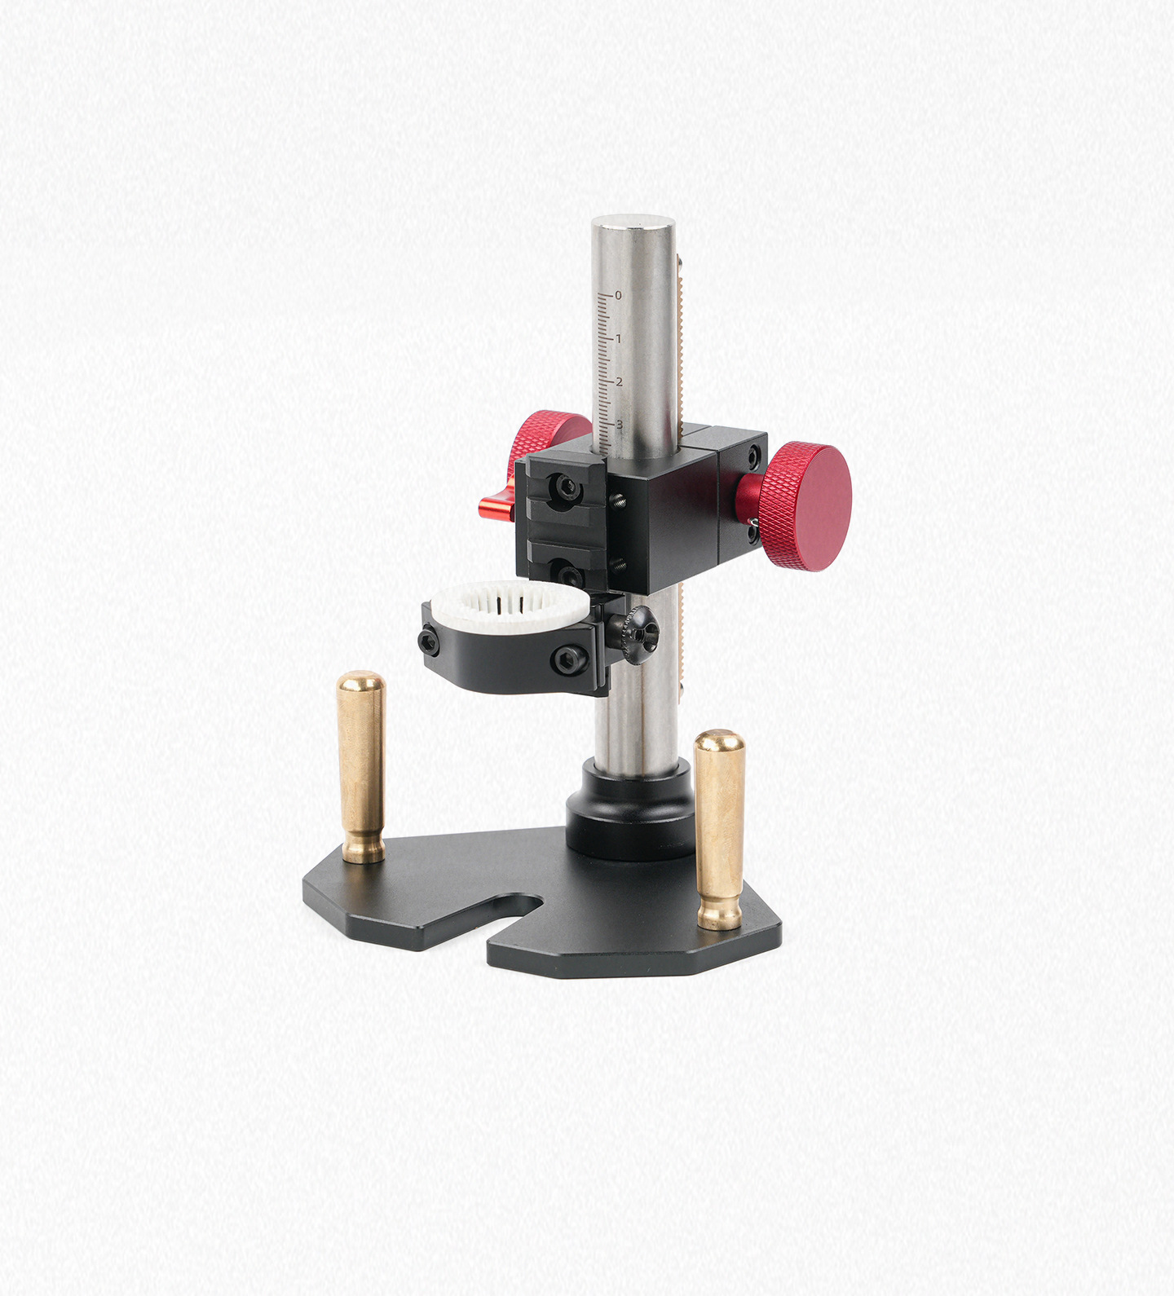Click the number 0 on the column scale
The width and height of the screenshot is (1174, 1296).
[x=618, y=295]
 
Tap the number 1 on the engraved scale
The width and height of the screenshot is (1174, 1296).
[x=619, y=338]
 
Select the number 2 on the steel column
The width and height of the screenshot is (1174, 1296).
[x=620, y=381]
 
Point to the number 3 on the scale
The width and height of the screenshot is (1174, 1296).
[x=620, y=424]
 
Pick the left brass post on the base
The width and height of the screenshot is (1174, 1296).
[x=361, y=766]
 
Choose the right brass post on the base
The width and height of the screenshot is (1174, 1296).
[x=719, y=830]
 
